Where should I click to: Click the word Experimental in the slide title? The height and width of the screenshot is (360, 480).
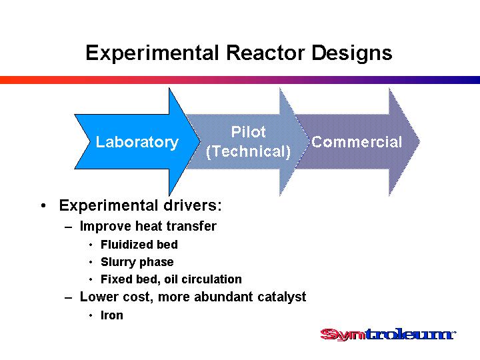(152, 53)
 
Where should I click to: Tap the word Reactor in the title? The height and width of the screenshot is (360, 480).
(265, 53)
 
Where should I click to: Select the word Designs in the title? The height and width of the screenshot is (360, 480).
(352, 53)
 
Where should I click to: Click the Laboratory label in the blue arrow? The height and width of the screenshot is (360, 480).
(137, 142)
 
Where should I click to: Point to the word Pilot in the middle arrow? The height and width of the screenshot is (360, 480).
(248, 132)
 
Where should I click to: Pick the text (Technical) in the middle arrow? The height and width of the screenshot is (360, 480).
(248, 151)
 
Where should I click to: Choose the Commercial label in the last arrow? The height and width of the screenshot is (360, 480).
(356, 142)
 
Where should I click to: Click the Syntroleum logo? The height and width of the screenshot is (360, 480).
(388, 334)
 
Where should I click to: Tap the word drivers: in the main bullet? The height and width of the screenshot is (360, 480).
(192, 205)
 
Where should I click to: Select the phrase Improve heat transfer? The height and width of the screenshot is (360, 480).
(148, 226)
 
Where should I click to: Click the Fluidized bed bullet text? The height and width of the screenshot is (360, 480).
(139, 244)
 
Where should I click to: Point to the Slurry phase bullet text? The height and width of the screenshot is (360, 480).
(137, 262)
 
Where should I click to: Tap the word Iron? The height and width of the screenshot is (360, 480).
(112, 315)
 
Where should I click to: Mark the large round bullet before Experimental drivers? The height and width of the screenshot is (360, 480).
(43, 205)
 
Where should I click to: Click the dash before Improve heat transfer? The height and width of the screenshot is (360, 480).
(69, 227)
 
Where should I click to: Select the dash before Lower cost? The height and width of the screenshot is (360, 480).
(69, 297)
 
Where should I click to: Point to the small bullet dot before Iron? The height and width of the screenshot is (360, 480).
(91, 315)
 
